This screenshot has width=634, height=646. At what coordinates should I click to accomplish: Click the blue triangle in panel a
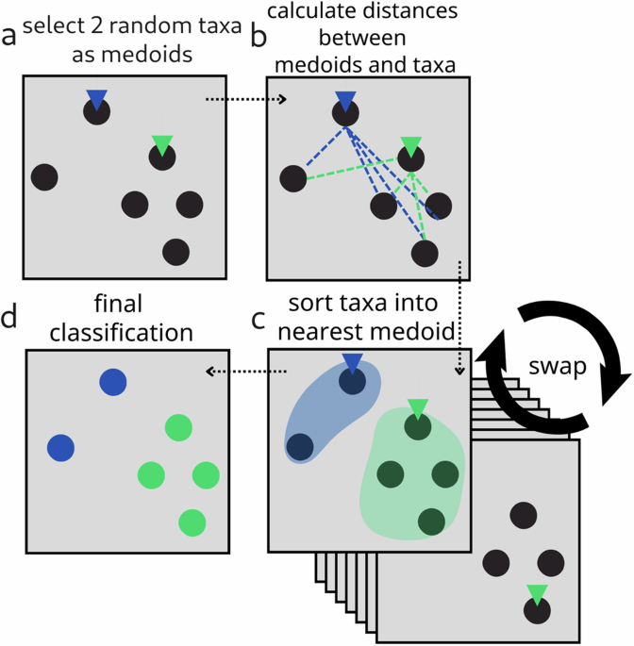tap(95, 97)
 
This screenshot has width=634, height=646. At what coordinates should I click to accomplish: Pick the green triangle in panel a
tap(162, 144)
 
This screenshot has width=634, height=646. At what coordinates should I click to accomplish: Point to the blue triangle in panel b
tap(345, 99)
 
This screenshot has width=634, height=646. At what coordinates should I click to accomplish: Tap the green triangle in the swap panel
tap(537, 593)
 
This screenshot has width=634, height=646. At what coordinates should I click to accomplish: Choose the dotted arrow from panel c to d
tap(235, 372)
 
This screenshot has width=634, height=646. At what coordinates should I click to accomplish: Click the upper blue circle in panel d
tap(112, 382)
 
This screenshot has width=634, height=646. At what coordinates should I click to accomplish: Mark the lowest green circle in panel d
tap(192, 522)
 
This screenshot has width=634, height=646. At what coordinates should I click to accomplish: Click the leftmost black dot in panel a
tap(44, 175)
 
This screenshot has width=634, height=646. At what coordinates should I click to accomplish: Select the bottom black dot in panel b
tap(425, 252)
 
